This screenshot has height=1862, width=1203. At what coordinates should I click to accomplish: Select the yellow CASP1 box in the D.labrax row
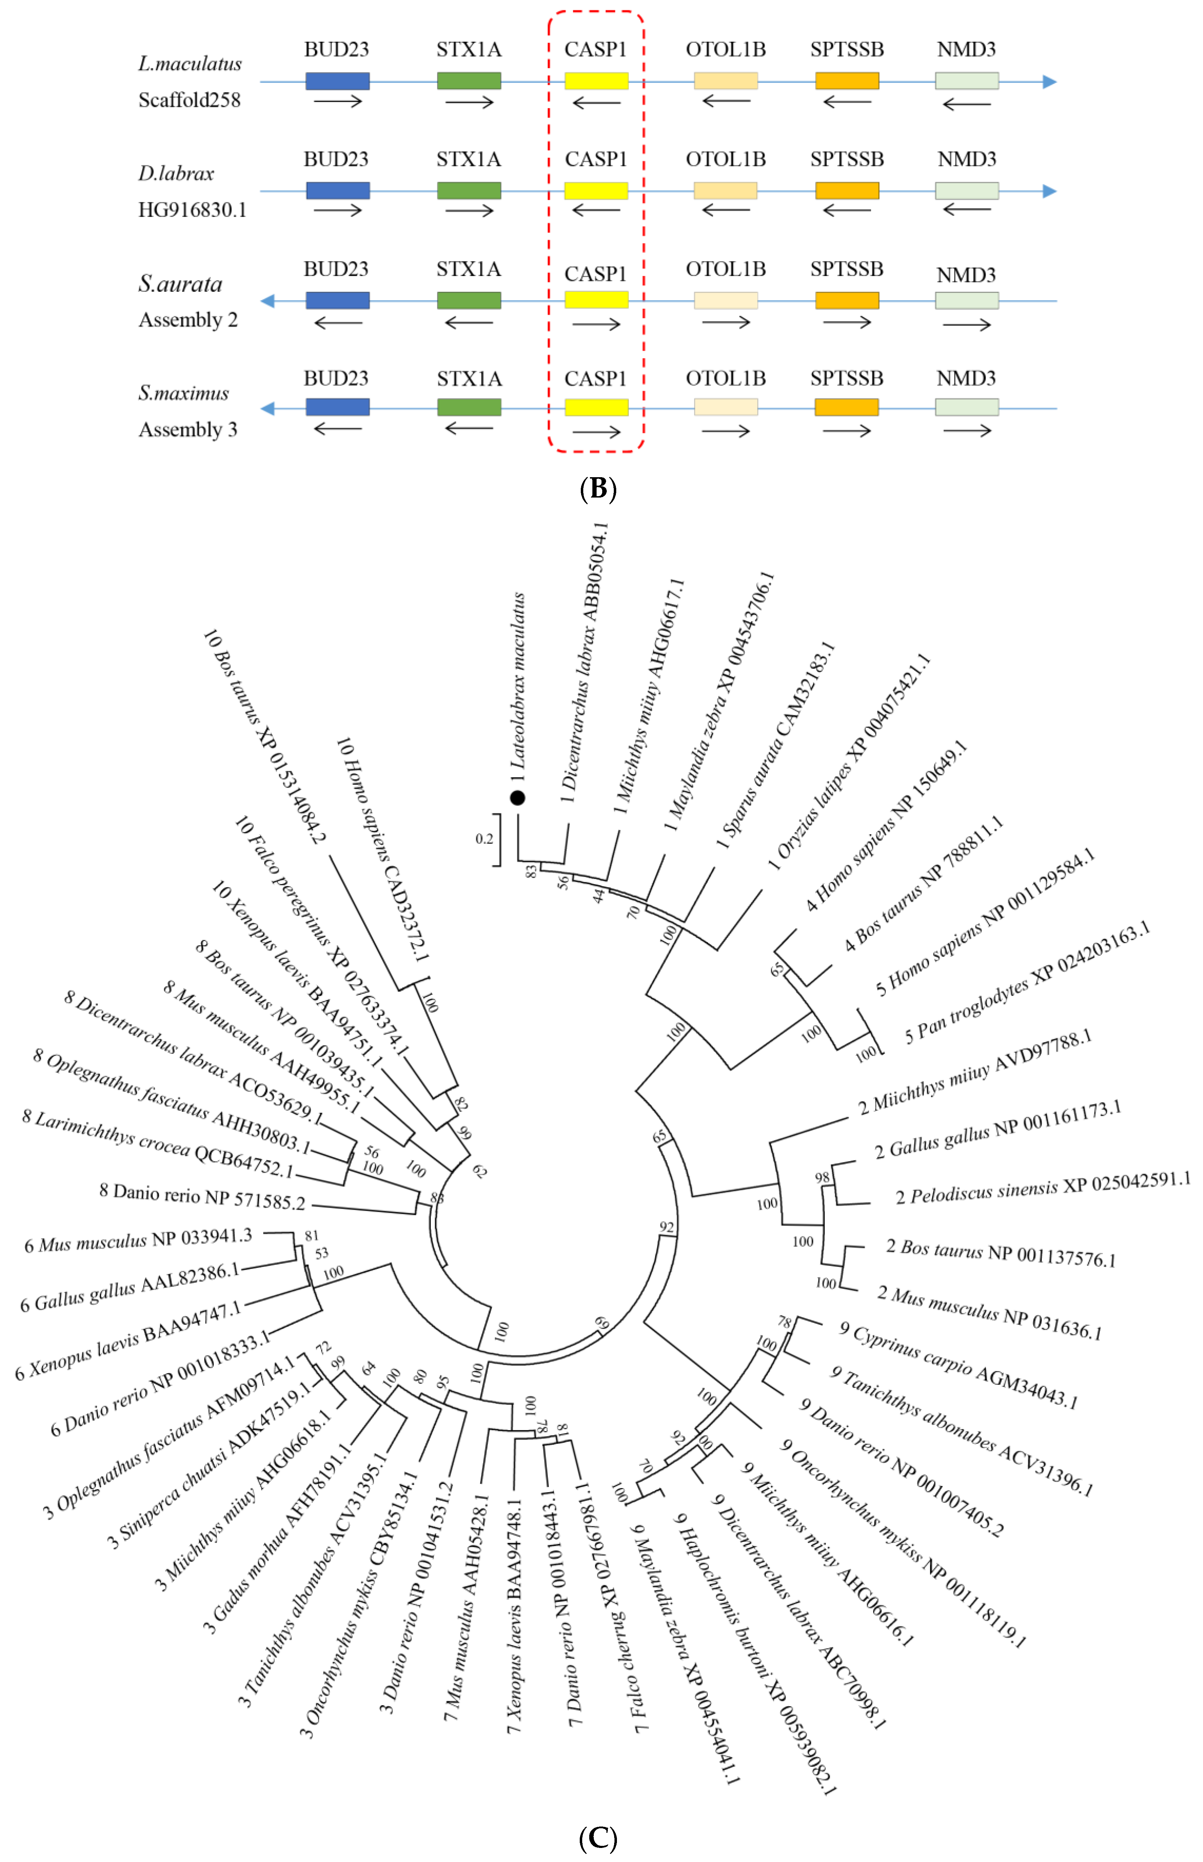596,191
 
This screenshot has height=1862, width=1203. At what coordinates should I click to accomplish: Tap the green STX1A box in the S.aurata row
469,300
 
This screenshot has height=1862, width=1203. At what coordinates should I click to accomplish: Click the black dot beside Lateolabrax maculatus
517,798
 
